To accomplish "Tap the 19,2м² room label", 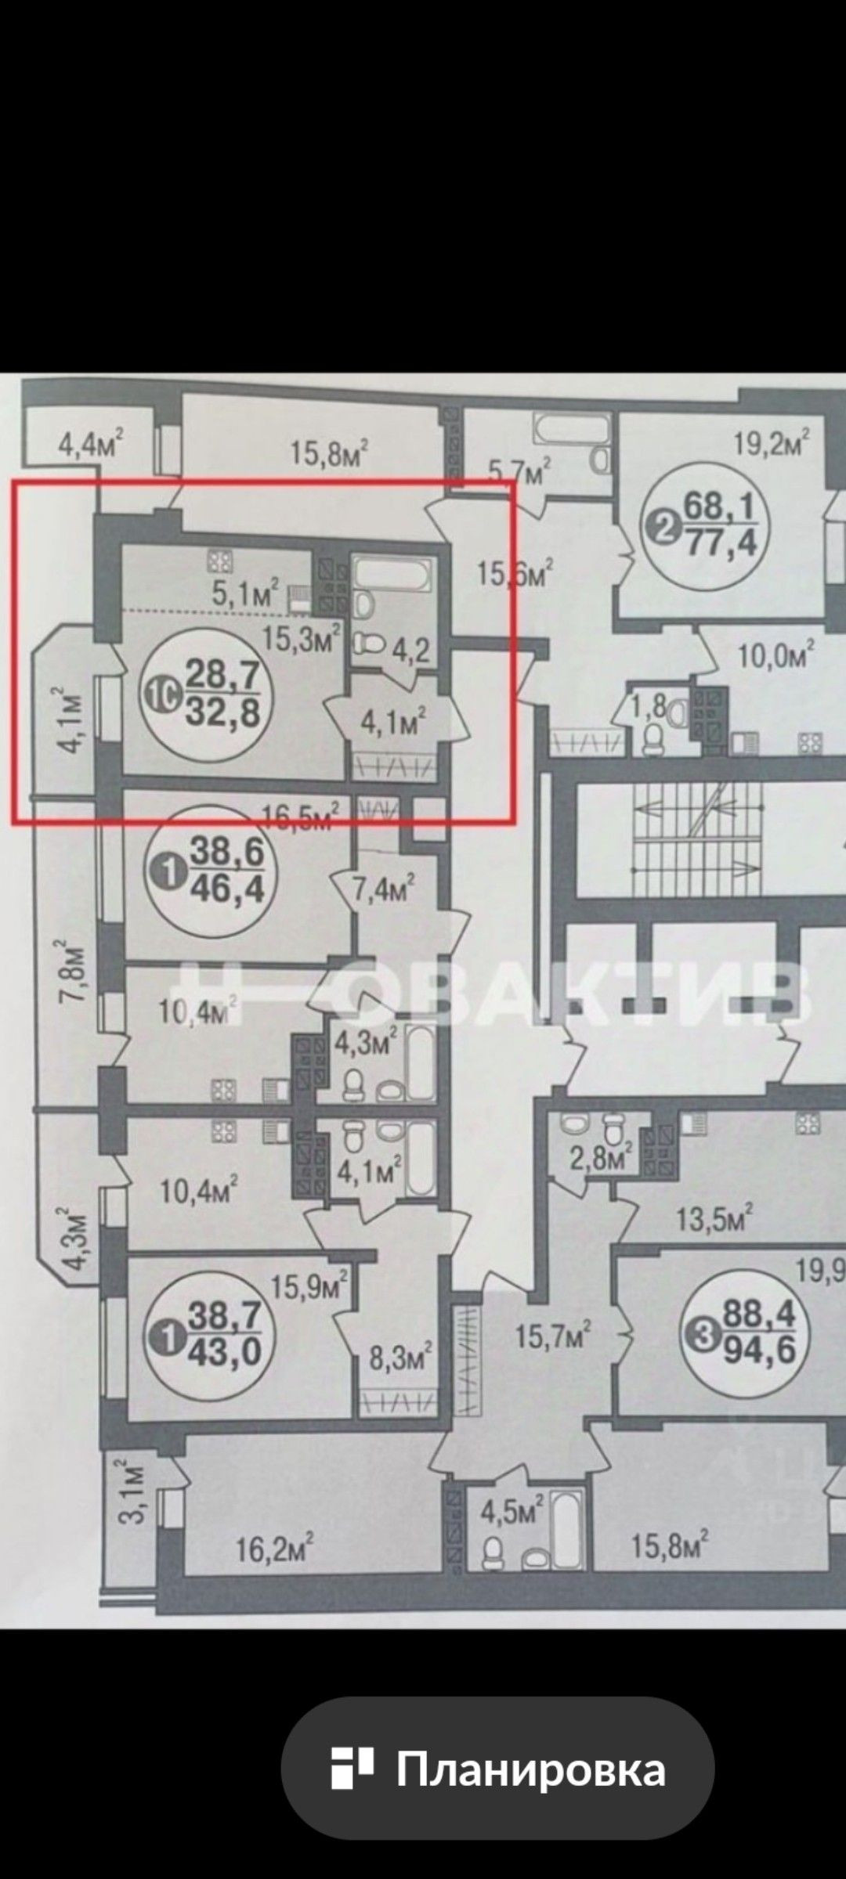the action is pos(772,445).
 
